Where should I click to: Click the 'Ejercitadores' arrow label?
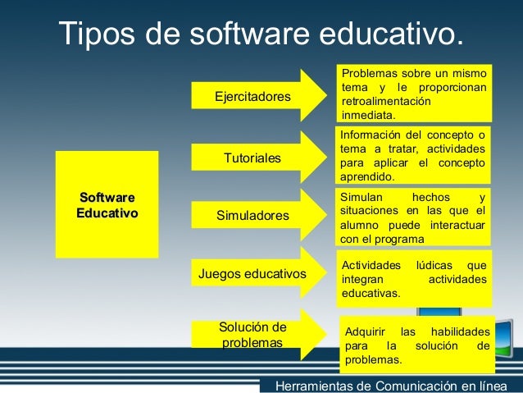pyautogui.click(x=252, y=97)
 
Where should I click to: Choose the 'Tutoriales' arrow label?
pyautogui.click(x=252, y=157)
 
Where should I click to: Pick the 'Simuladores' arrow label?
pyautogui.click(x=252, y=216)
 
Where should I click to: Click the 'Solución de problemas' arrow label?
pyautogui.click(x=252, y=334)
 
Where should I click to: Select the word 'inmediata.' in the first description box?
pyautogui.click(x=368, y=116)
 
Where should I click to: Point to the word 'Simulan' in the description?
pyautogui.click(x=362, y=198)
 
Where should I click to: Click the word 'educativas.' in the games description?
pyautogui.click(x=371, y=292)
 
